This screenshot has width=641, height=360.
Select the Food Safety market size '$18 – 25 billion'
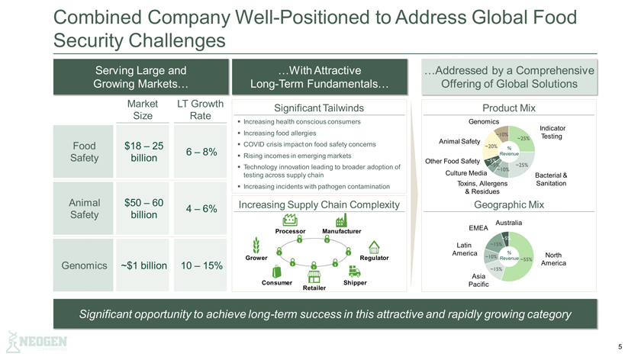click(138, 152)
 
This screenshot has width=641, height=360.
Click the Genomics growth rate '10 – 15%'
click(202, 265)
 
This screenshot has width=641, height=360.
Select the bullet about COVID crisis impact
click(309, 144)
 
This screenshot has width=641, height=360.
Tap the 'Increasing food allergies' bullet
click(286, 133)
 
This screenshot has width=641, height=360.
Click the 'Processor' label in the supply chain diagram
click(291, 230)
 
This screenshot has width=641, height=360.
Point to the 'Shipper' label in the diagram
click(356, 282)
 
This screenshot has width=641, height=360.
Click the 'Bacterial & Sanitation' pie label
click(552, 179)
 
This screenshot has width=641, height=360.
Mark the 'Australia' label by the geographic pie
click(509, 222)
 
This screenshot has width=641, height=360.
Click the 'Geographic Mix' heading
click(509, 204)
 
